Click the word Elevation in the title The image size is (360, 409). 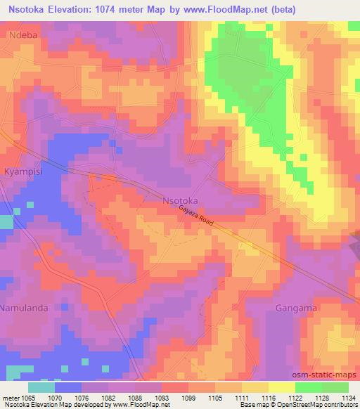(x=74, y=9)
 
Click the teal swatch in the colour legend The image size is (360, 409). (x=41, y=387)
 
